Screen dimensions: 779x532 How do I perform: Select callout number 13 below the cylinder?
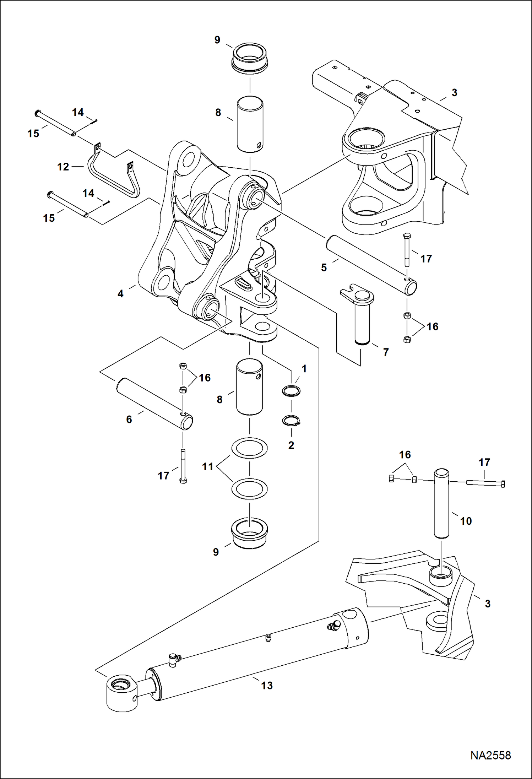coord(267,695)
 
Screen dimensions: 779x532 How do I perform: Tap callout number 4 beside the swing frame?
coord(120,294)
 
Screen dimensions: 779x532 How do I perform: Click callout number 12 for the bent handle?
coord(63,167)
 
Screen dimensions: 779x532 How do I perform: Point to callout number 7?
coord(386,352)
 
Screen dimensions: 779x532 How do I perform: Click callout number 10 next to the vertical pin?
coord(466,521)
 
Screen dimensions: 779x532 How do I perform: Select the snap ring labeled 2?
coord(292,421)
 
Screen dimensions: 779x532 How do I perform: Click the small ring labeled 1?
coord(291,391)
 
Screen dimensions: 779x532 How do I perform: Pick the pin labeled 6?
coord(154,405)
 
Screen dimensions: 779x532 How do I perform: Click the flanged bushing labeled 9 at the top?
coord(250,59)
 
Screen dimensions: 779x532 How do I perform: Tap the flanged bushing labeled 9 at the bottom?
coord(250,534)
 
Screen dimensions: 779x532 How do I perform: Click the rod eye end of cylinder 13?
coord(122,693)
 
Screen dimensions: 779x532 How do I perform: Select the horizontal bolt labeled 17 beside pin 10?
coord(485,483)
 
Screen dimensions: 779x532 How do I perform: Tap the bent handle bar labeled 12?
coord(112,176)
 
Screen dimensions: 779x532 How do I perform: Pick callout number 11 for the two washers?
coord(207,466)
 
